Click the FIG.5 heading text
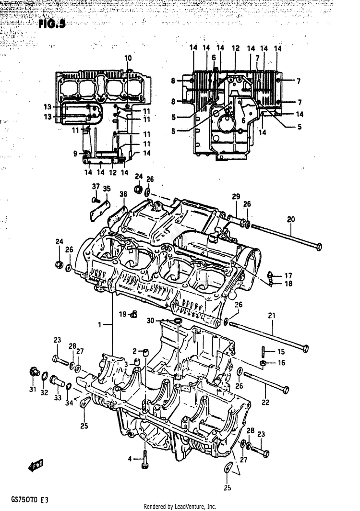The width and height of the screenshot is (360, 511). click(x=52, y=24)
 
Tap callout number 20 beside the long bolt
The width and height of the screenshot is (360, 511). click(x=291, y=219)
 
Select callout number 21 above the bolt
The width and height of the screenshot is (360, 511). click(x=272, y=316)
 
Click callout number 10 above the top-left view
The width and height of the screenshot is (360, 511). click(x=128, y=58)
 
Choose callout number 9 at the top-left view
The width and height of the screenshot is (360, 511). click(x=75, y=154)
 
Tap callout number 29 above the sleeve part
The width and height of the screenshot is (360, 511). click(x=236, y=197)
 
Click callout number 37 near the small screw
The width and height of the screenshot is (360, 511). click(x=95, y=187)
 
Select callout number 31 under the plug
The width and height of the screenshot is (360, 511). click(x=32, y=389)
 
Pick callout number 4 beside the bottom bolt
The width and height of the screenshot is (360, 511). click(x=129, y=459)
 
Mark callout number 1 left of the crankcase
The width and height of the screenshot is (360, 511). click(x=100, y=325)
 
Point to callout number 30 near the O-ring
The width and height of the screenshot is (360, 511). click(x=150, y=321)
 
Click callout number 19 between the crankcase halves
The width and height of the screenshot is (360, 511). click(x=123, y=314)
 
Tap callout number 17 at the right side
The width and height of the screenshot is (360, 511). click(x=288, y=276)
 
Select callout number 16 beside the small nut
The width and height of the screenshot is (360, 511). click(x=281, y=363)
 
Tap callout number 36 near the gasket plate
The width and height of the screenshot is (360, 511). click(x=124, y=194)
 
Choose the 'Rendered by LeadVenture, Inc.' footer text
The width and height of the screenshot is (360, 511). click(x=180, y=507)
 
